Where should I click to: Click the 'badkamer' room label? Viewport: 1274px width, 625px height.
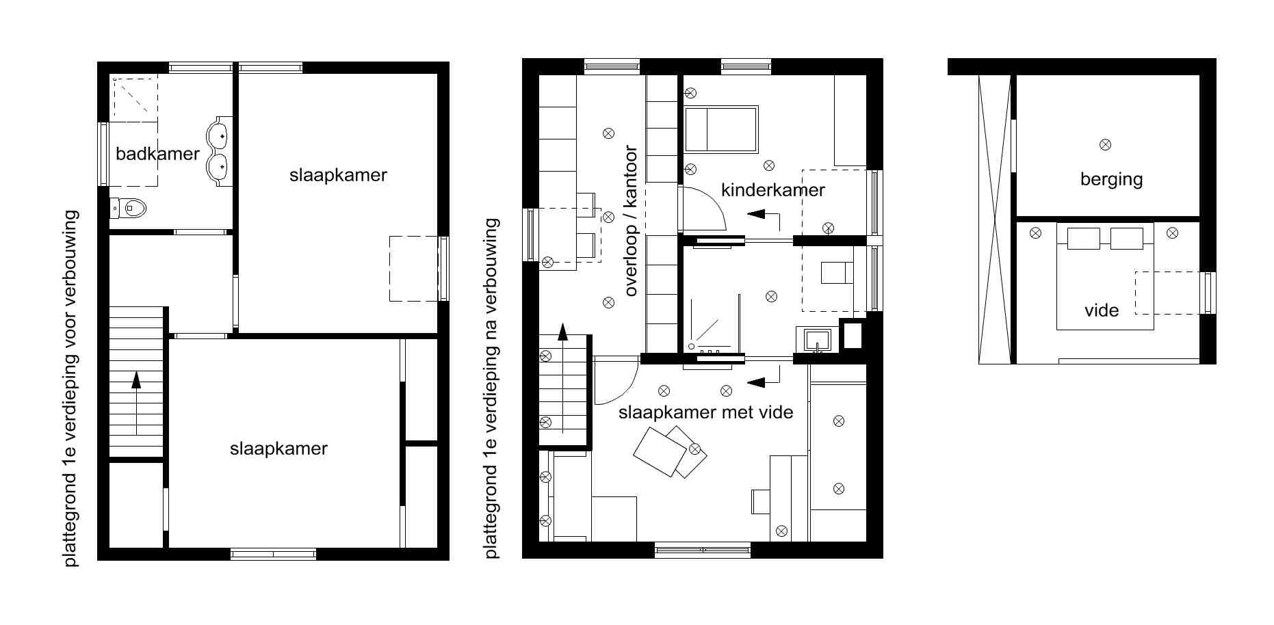click(x=157, y=153)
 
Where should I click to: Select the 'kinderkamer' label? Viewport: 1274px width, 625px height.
click(x=772, y=189)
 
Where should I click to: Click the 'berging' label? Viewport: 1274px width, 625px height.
click(x=1111, y=179)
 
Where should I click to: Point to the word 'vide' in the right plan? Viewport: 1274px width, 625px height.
click(x=1102, y=310)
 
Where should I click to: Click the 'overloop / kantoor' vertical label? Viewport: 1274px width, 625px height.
click(x=630, y=221)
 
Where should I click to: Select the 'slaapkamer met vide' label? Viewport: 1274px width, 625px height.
click(x=705, y=412)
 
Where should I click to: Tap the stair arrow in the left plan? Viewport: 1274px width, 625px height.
click(x=136, y=403)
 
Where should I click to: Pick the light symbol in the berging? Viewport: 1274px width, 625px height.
click(x=1105, y=144)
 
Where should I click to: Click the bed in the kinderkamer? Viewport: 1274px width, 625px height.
click(x=721, y=129)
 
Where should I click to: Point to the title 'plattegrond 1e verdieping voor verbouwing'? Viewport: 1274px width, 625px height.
click(x=70, y=388)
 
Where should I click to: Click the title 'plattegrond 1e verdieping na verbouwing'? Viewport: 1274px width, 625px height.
click(x=492, y=388)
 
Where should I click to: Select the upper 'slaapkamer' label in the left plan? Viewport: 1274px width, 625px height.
click(x=338, y=175)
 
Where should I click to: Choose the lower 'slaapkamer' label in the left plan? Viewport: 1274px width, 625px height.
click(x=278, y=449)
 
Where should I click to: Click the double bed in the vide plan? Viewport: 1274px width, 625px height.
click(x=1105, y=276)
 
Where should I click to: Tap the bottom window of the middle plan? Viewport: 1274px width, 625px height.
click(x=703, y=549)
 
